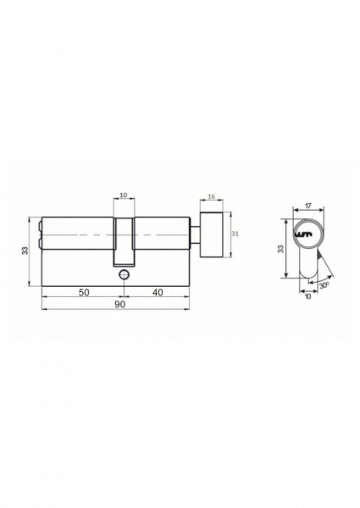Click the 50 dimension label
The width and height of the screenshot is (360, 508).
coord(84,293)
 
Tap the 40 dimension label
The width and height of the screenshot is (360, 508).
coord(158,293)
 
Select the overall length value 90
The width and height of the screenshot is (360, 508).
coord(120,305)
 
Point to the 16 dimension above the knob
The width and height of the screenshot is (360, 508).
coord(211,196)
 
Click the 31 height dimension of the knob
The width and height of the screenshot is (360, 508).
coord(235,234)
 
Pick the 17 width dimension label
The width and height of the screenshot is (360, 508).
coord(308,206)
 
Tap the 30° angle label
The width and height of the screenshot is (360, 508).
coord(324,286)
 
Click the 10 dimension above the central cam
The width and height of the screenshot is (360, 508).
coord(124,195)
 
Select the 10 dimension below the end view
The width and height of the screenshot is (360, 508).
coord(307,295)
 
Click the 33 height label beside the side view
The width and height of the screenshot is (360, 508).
coord(25,251)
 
